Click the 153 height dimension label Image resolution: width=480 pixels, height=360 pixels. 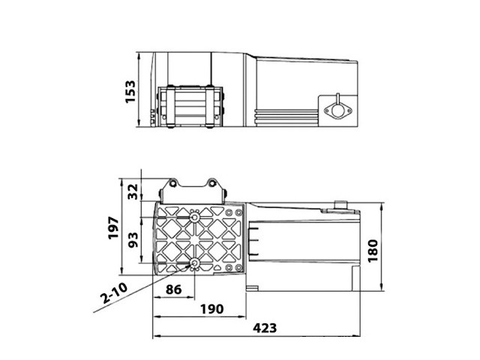[x=133, y=92]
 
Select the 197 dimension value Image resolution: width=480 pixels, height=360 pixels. [x=113, y=226]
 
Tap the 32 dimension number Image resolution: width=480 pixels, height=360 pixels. [x=133, y=191]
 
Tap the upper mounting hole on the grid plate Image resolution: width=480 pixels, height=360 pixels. [x=195, y=217]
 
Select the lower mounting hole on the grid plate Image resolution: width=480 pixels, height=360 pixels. [x=195, y=263]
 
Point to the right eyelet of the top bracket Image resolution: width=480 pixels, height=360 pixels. [x=214, y=183]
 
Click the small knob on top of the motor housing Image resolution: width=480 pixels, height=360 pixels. [x=341, y=202]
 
